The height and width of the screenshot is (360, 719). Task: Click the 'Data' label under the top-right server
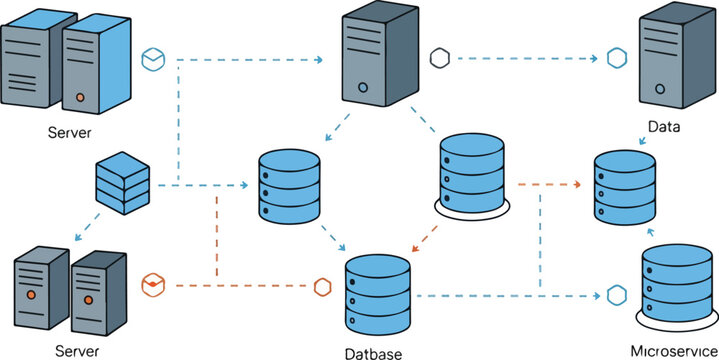click(663, 127)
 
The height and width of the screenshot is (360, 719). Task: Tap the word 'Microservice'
click(672, 350)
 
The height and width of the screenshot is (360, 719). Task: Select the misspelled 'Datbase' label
click(375, 352)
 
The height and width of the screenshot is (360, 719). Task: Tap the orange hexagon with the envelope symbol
click(152, 285)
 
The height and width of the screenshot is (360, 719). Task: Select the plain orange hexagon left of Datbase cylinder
click(322, 286)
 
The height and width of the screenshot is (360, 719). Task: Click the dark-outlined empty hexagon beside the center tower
click(438, 58)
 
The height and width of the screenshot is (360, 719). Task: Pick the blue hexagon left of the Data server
click(616, 58)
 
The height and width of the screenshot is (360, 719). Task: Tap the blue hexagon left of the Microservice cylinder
click(615, 297)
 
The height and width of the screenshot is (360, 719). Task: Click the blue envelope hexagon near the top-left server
click(153, 59)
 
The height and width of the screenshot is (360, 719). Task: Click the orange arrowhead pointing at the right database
click(577, 185)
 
